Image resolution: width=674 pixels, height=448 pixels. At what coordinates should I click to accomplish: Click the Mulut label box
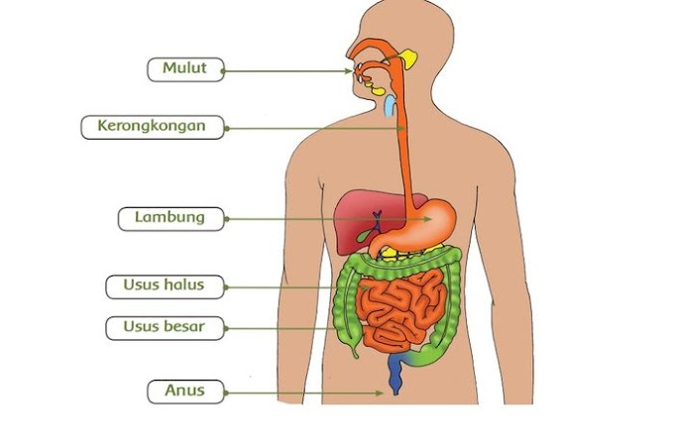click(184, 69)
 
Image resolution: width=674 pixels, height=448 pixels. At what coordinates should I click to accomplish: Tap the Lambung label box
click(170, 217)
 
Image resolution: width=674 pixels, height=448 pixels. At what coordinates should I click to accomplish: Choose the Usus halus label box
click(165, 286)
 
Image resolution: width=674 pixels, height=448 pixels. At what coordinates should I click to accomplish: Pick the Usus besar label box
click(165, 326)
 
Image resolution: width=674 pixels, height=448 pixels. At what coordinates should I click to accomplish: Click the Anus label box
click(185, 391)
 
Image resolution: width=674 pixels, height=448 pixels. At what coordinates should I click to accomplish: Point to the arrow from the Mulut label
click(287, 69)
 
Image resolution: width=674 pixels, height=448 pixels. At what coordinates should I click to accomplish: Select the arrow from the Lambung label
click(327, 218)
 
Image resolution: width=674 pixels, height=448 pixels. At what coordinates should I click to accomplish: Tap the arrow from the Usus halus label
click(297, 287)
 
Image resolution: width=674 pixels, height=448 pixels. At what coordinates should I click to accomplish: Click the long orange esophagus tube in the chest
click(403, 149)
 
